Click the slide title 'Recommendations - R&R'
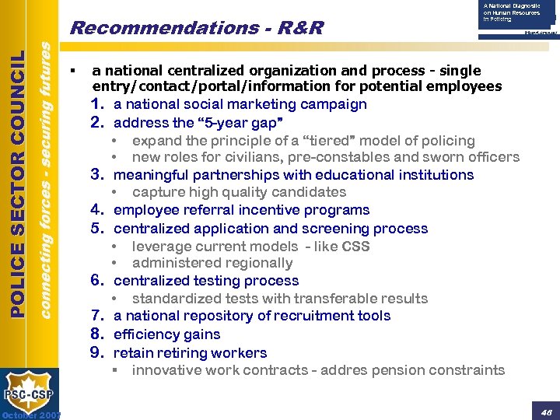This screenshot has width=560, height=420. (x=196, y=28)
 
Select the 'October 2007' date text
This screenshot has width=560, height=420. (x=31, y=415)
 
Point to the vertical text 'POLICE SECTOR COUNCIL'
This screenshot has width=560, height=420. (x=17, y=184)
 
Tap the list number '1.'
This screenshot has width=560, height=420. (x=99, y=104)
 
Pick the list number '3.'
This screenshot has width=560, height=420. (x=99, y=175)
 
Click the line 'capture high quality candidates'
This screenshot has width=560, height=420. (x=239, y=192)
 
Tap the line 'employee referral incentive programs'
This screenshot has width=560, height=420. (x=241, y=210)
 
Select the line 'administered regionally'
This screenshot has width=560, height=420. (x=212, y=264)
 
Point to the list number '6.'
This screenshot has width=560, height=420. (x=99, y=281)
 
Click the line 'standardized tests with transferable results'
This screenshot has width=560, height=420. (x=279, y=299)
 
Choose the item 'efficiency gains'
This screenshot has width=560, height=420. (x=166, y=334)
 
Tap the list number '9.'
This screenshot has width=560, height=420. (x=99, y=353)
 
